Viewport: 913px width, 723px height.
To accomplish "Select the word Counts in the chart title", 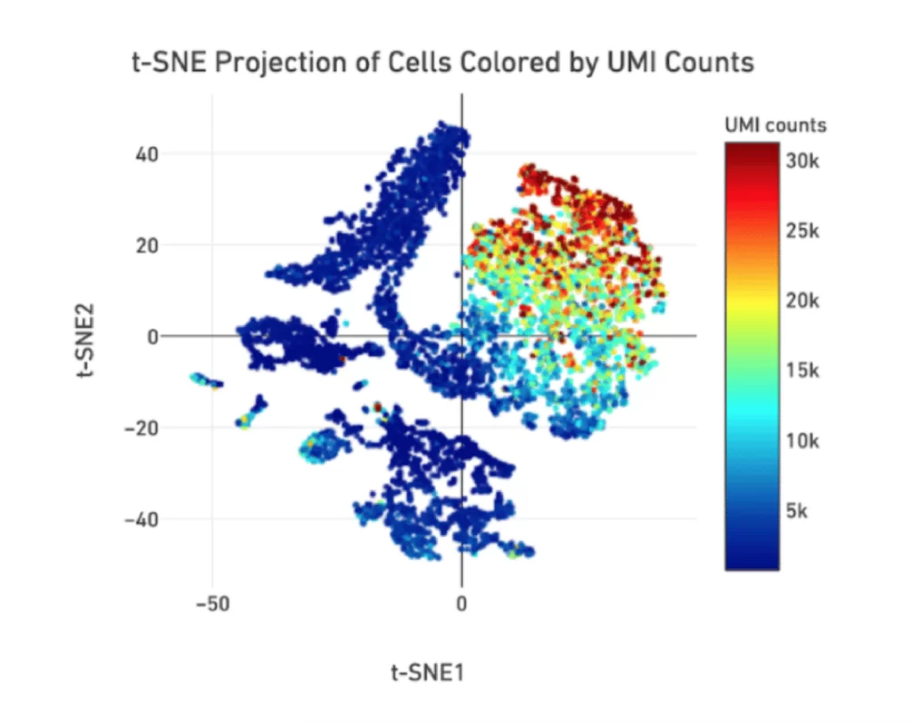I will [x=709, y=63].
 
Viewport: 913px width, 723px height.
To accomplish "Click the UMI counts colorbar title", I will [x=775, y=126].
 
